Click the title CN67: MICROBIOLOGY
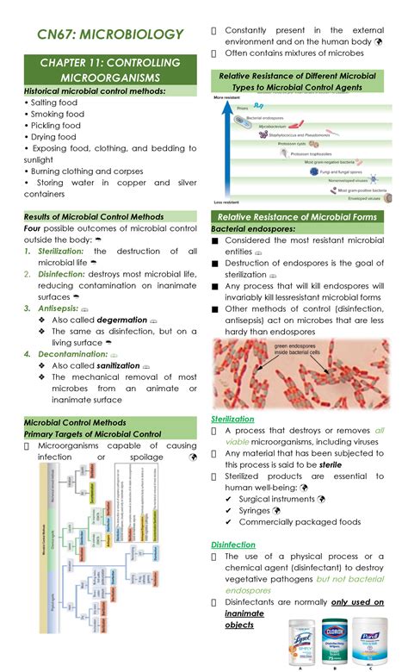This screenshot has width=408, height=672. [x=111, y=34]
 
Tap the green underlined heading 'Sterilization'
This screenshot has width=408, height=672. [x=232, y=418]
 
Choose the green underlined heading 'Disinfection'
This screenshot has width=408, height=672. [x=233, y=544]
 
